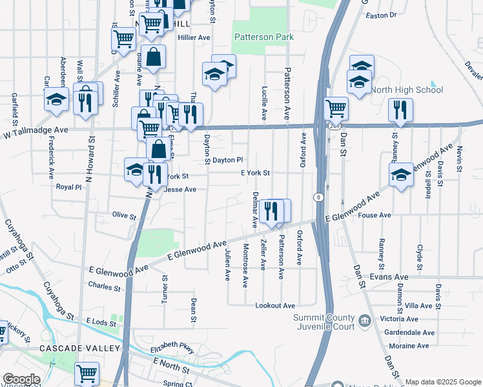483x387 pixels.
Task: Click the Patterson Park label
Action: tap(264, 37)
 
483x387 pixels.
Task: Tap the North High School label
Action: tap(398, 90)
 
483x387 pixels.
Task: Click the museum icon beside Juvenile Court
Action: tap(364, 319)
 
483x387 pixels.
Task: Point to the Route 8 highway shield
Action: tap(318, 197)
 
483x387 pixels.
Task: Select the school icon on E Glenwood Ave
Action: tap(401, 175)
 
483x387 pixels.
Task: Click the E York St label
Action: tap(255, 173)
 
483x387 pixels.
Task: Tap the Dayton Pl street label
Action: tap(228, 160)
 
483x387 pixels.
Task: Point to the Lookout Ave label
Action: tap(275, 305)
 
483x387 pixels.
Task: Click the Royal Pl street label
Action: tap(69, 187)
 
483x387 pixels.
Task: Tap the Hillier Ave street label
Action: tap(194, 38)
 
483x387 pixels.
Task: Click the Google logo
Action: tap(21, 379)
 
